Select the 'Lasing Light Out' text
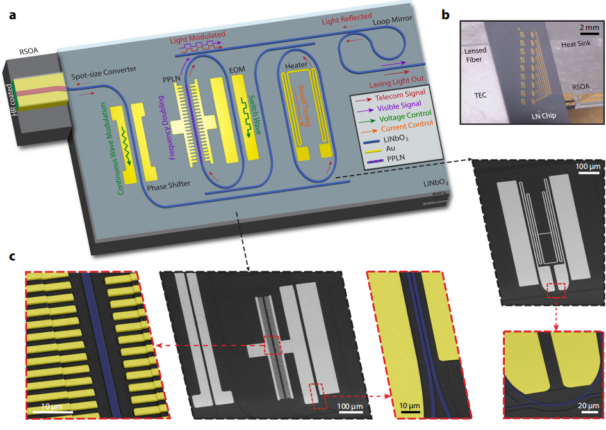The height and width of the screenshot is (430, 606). pos(396,84)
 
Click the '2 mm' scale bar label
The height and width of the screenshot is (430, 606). pos(589,28)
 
